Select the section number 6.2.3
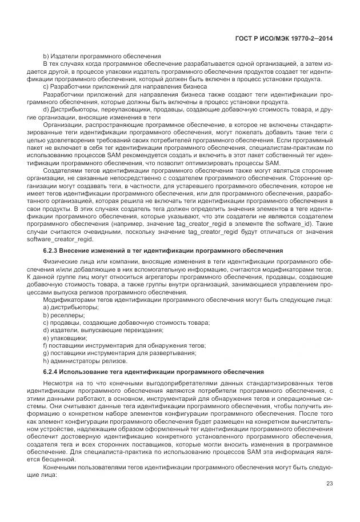tap(53, 252)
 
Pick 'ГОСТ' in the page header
tap(245, 38)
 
